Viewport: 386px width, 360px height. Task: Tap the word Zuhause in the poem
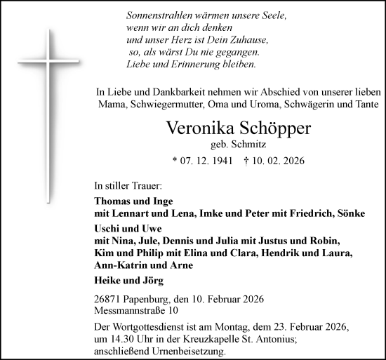click(x=238, y=39)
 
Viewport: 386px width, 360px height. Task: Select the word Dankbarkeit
click(x=178, y=91)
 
